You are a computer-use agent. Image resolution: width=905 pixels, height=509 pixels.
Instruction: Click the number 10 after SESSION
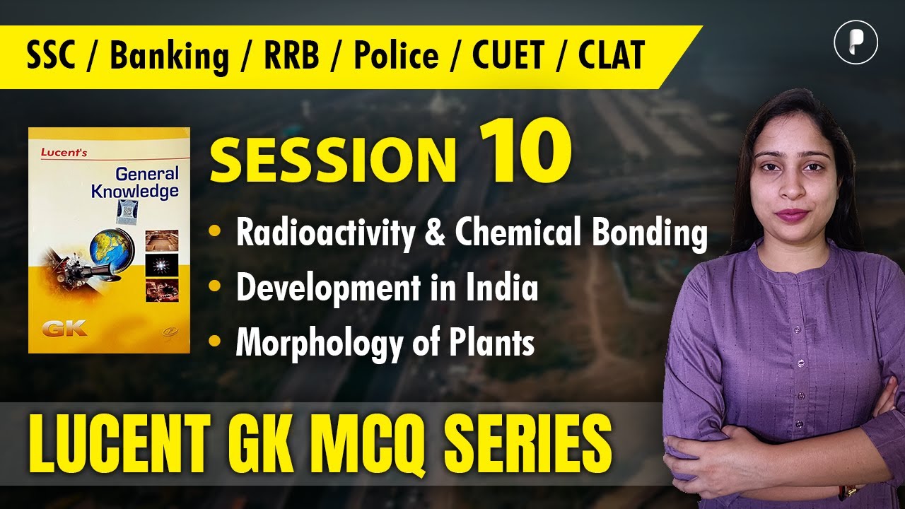[x=525, y=153]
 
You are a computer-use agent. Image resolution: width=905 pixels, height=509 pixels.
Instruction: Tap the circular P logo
[x=856, y=43]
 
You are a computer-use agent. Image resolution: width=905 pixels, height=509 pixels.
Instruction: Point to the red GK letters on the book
[x=64, y=328]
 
